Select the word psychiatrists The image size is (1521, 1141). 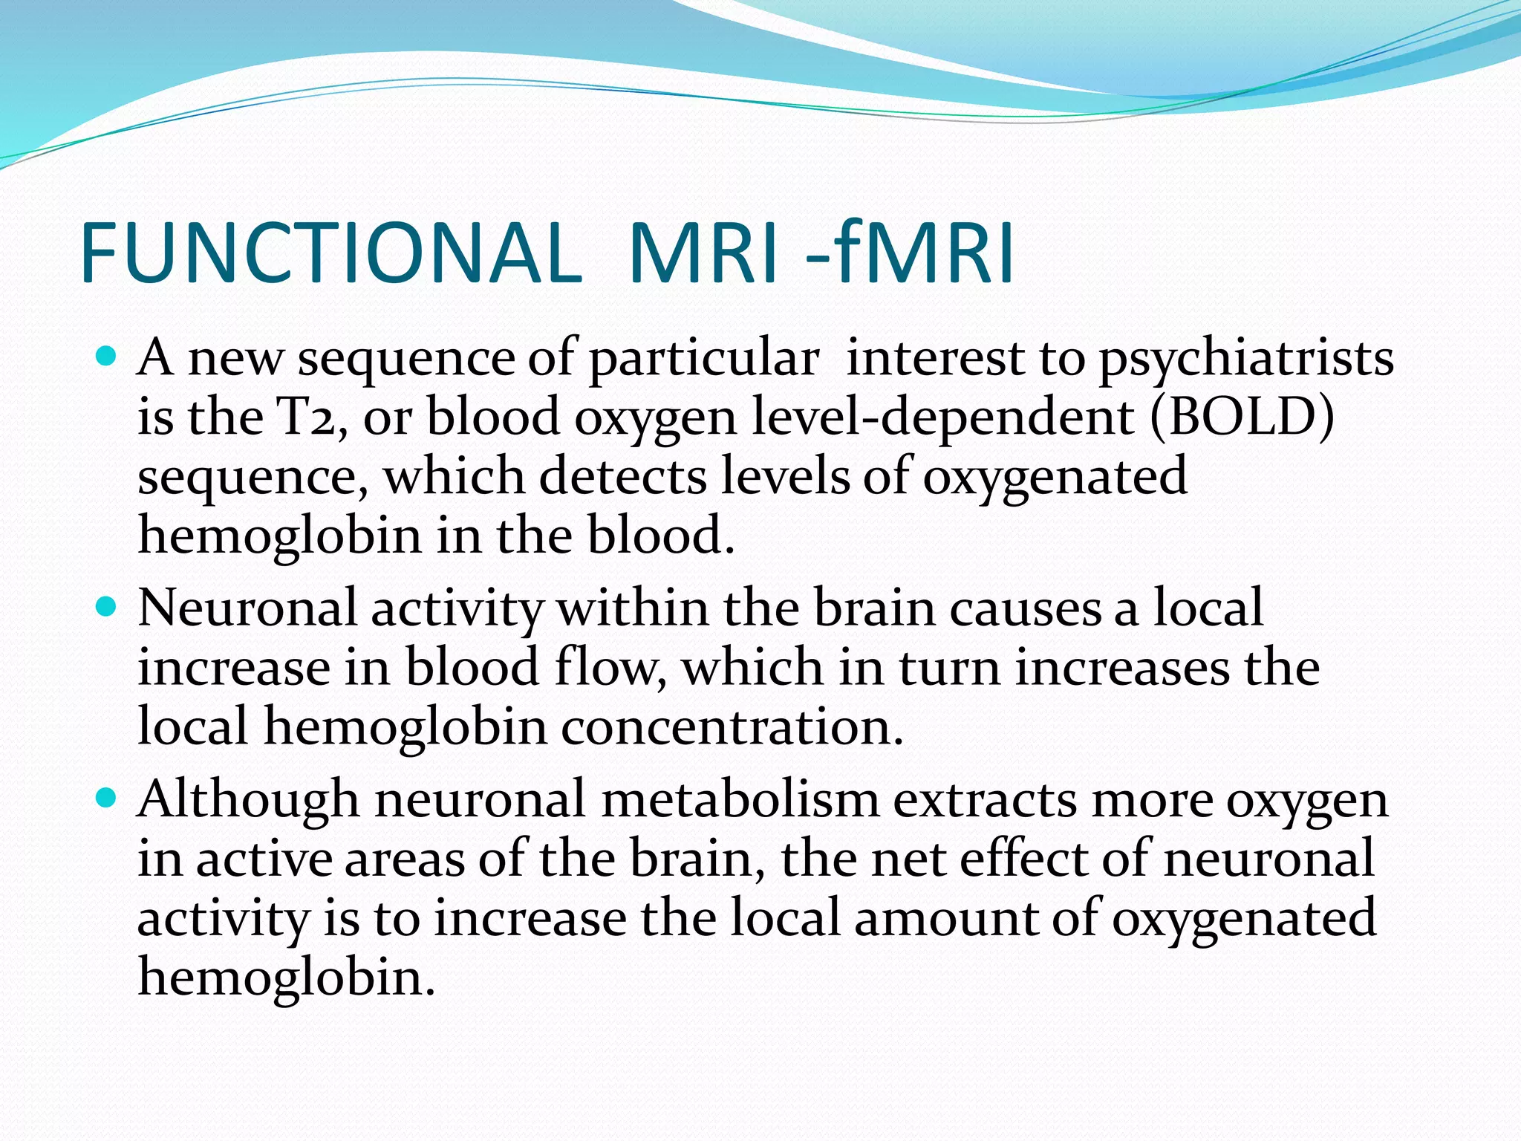tap(1246, 360)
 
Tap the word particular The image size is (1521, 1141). tap(704, 360)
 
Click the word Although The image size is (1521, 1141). tap(248, 801)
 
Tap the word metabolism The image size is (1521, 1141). tap(740, 801)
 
